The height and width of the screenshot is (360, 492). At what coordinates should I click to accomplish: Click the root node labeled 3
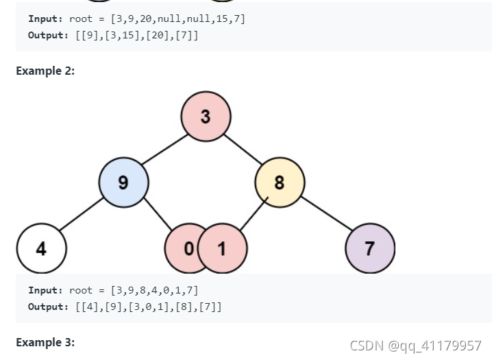(206, 116)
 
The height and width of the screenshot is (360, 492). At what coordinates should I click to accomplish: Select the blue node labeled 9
(123, 182)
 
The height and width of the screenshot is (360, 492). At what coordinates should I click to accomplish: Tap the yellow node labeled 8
(280, 182)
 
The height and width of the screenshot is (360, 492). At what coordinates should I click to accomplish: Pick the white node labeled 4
(41, 248)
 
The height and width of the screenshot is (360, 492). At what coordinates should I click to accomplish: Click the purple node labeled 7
(370, 248)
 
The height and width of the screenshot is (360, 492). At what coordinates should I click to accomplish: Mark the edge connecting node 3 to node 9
(164, 149)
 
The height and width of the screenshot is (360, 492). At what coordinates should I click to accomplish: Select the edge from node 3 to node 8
(243, 149)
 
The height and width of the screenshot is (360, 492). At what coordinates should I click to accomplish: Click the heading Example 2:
(45, 71)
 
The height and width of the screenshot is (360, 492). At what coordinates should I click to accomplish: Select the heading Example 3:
(45, 341)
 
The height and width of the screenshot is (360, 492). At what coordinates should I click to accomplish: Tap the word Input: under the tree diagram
(46, 291)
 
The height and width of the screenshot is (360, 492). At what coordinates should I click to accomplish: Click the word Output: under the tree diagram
(49, 307)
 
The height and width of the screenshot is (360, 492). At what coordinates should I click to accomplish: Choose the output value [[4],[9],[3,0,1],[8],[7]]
(149, 307)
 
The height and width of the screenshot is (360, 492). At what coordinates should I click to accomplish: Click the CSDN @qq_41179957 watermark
(415, 345)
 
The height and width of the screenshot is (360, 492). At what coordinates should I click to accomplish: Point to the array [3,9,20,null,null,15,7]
(177, 19)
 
